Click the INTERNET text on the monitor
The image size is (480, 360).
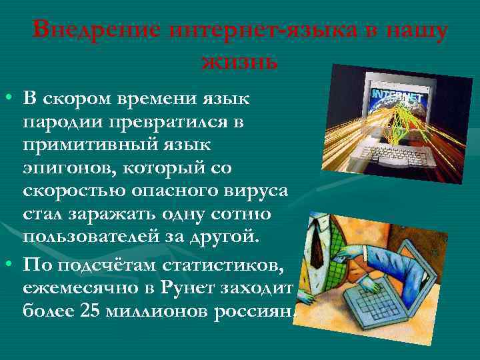pos(398,96)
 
